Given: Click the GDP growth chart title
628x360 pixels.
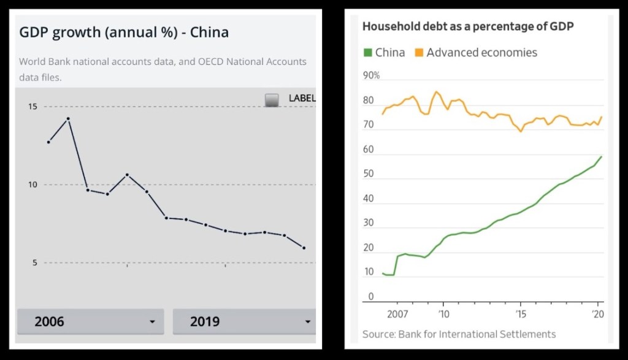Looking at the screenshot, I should coord(124,33).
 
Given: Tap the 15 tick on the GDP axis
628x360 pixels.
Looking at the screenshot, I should coord(32,107).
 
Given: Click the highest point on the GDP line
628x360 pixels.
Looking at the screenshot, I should coord(68,118).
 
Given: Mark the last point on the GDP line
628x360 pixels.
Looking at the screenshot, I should coord(304,248).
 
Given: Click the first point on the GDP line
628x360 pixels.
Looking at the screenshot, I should coord(48,142).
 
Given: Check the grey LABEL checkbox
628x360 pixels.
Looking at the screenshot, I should coord(272,99).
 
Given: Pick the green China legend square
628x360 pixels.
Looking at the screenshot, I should coord(367,53).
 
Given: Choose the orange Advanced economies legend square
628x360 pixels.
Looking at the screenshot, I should coord(419,53).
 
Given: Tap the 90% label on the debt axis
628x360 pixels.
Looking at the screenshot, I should coord(372,75).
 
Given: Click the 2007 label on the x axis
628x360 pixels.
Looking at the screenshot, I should coord(397,314).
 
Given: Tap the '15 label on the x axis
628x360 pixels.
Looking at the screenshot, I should coord(520,314).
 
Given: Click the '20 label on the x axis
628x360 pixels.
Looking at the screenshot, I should coord(598,314).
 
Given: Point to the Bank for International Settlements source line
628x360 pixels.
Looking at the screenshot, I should coord(459,334).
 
